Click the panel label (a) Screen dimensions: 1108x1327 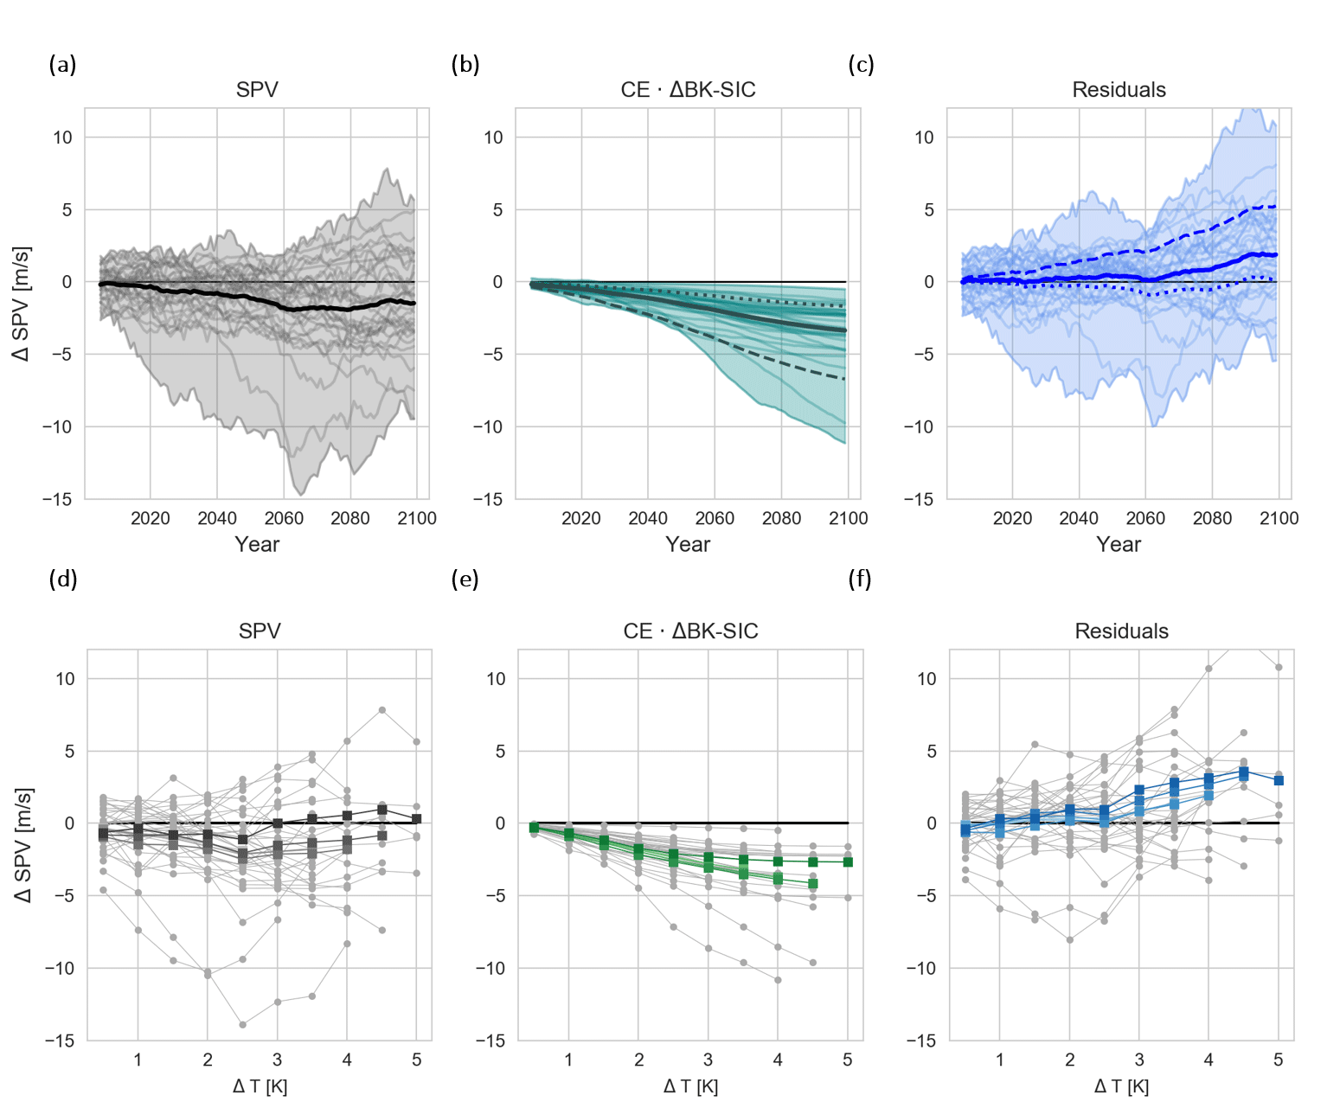coord(62,65)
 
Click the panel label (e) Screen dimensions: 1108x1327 coord(465,579)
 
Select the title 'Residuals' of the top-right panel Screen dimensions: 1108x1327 coord(1119,90)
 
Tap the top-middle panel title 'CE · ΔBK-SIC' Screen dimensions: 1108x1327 coord(688,90)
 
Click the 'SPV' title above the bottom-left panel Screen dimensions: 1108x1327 coord(260,631)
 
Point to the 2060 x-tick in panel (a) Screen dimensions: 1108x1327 coord(284,518)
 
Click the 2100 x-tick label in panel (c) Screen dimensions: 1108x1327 coord(1279,518)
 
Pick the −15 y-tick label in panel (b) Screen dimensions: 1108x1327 coord(489,499)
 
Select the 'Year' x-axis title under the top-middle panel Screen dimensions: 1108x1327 coord(688,544)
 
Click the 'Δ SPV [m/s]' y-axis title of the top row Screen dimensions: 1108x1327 coord(22,303)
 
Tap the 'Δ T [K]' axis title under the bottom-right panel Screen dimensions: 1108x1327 coord(1121,1086)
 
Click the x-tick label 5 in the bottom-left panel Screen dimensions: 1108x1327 coord(417,1060)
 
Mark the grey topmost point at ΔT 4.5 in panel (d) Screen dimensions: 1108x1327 coord(381,710)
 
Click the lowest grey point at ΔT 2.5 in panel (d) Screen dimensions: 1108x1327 coord(242,1024)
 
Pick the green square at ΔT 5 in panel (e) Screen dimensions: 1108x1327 coord(848,862)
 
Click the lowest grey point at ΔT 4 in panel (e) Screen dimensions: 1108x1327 coord(778,980)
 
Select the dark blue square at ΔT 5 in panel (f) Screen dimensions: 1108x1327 coord(1279,780)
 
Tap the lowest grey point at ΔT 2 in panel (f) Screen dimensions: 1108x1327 coord(1070,939)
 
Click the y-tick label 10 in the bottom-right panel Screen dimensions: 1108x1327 coord(926,679)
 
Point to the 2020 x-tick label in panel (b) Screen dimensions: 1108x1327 coord(580,518)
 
